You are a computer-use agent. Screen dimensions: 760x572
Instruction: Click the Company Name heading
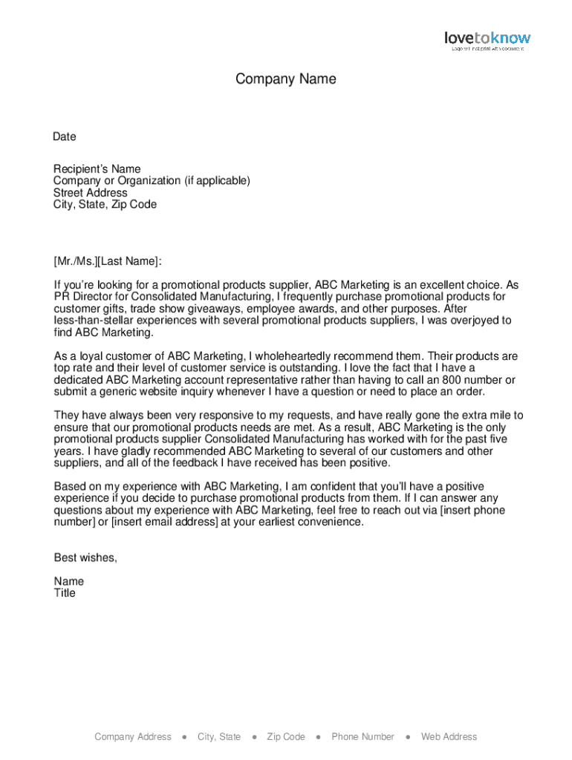pos(286,79)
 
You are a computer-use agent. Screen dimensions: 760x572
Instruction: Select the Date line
pos(65,137)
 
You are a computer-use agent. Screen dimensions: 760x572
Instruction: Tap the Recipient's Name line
pos(97,169)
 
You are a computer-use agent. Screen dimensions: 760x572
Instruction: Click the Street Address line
pos(90,193)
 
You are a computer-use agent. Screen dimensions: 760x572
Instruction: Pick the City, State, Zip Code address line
pos(105,205)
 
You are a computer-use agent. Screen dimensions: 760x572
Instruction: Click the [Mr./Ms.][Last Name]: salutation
pos(107,261)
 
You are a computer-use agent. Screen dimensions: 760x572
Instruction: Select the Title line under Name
pos(65,594)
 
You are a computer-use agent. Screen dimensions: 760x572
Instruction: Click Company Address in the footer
pos(133,737)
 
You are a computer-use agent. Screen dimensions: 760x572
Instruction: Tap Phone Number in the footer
pos(363,737)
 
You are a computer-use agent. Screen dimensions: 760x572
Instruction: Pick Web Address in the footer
pos(449,737)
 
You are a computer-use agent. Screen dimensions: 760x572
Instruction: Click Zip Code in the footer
pos(286,737)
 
